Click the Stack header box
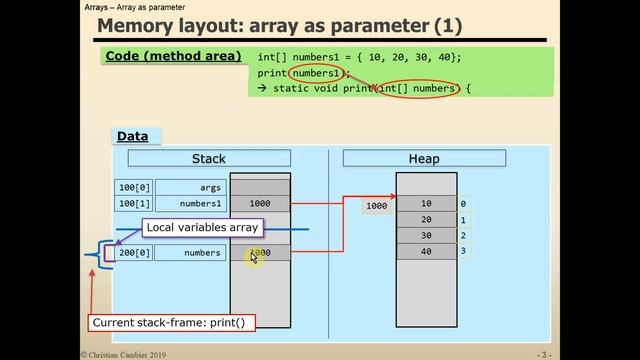[209, 158]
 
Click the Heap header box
[424, 158]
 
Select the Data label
[133, 136]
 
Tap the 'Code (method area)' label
[172, 56]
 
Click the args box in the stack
[189, 187]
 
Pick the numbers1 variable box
[189, 204]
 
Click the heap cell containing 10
[426, 204]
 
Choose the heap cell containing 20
[426, 220]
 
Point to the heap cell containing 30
[426, 236]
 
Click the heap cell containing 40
[426, 251]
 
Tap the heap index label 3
[462, 251]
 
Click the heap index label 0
[462, 204]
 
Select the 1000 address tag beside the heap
[376, 206]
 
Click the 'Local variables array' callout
[202, 228]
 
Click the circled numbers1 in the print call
[318, 73]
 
